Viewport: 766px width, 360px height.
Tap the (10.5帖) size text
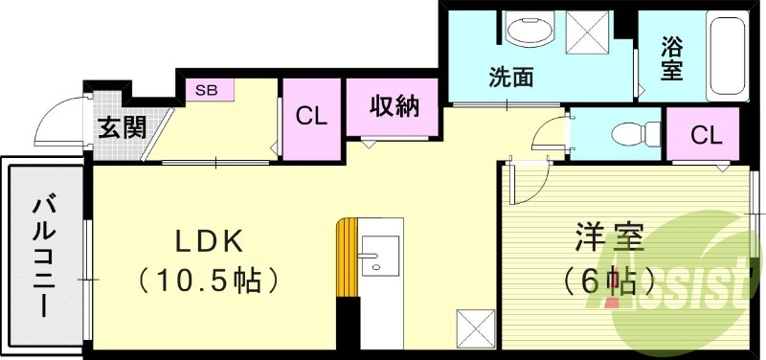click(208, 281)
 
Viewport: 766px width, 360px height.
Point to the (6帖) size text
click(609, 281)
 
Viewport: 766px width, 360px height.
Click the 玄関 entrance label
click(122, 126)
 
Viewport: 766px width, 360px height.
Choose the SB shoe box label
click(207, 91)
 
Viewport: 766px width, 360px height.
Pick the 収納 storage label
click(393, 106)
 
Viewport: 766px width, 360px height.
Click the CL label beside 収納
click(311, 118)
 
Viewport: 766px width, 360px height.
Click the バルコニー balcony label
click(44, 257)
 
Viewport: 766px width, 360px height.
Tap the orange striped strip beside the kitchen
click(347, 259)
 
